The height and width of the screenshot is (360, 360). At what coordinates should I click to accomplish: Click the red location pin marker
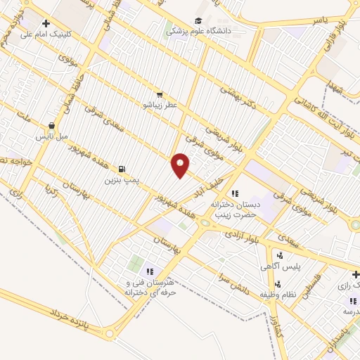tap(181, 165)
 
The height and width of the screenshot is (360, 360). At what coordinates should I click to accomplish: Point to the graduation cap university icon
tap(198, 20)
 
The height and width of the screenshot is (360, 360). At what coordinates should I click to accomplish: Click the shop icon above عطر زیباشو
tap(160, 94)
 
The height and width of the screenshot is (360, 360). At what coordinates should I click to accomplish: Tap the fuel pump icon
tap(122, 169)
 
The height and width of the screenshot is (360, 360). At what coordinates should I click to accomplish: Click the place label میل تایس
tap(53, 134)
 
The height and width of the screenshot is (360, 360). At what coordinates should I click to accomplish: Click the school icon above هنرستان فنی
tap(149, 271)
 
